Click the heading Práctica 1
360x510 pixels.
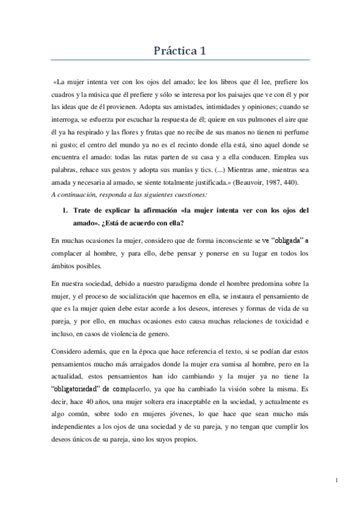pos(180,52)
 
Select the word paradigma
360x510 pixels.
pos(181,282)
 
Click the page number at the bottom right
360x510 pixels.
pos(338,480)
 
